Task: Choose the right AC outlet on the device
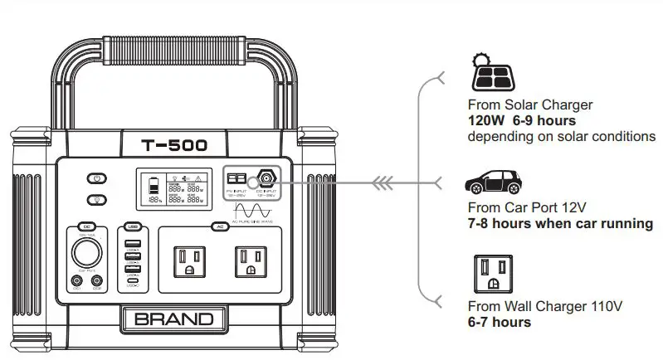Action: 252,262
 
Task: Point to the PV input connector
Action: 237,178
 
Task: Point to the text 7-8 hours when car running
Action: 560,223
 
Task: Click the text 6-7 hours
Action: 500,322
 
